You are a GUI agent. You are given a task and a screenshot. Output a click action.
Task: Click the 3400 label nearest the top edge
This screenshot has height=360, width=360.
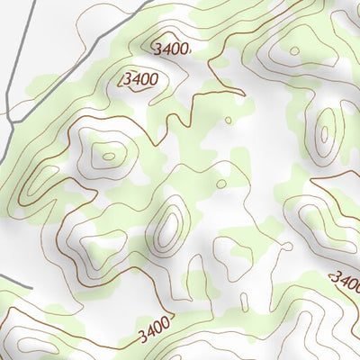pyautogui.click(x=172, y=48)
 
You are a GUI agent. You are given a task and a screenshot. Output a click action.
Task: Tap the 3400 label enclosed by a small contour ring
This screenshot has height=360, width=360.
pyautogui.click(x=141, y=79)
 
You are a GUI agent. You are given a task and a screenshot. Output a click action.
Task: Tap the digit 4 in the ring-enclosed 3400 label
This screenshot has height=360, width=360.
pyautogui.click(x=137, y=79)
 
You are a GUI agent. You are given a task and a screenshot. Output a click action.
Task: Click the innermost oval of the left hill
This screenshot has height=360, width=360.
pyautogui.click(x=108, y=156)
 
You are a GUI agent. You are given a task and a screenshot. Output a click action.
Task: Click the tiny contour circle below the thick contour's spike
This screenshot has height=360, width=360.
pyautogui.click(x=229, y=119)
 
